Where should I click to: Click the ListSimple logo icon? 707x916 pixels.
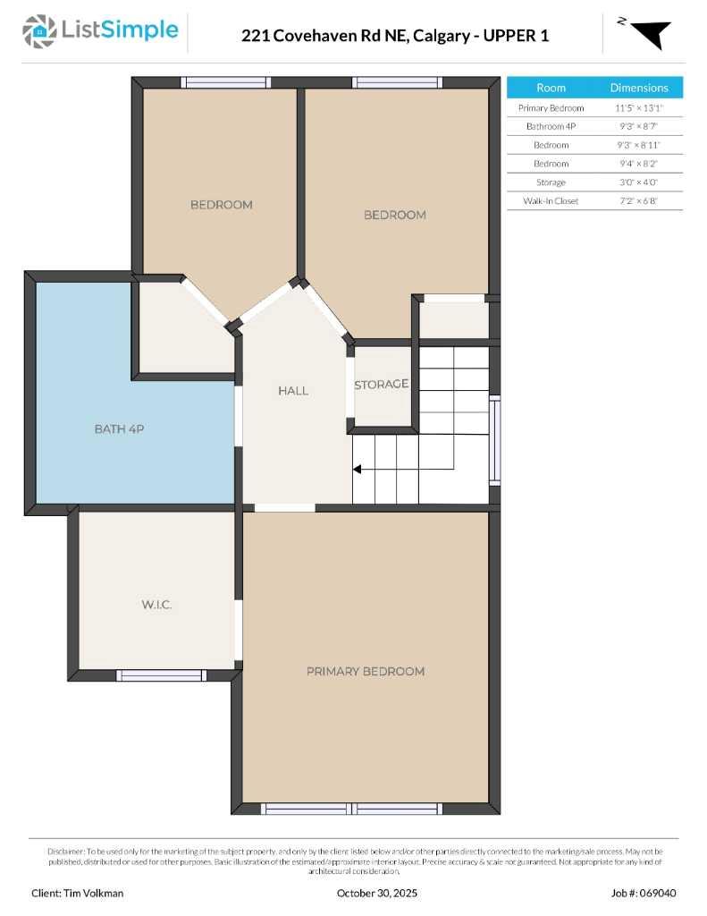38,31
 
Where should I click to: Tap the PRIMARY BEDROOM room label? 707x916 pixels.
365,671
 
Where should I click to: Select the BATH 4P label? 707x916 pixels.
119,429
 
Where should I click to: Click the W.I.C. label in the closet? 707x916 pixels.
156,605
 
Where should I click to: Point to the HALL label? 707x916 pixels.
292,391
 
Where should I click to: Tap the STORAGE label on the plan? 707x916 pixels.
381,385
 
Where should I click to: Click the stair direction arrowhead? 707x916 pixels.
357,469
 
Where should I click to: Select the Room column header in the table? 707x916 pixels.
551,88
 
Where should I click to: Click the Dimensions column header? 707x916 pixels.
638,88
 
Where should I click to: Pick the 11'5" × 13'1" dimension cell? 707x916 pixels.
638,107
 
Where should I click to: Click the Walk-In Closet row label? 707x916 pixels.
551,201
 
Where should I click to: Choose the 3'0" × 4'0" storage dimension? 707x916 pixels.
638,182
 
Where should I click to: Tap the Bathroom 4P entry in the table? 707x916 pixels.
551,126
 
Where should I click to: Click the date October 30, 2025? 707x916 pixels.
376,893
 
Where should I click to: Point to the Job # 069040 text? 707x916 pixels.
644,893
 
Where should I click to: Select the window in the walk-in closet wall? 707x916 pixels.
161,675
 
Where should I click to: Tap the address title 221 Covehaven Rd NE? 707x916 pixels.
395,36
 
